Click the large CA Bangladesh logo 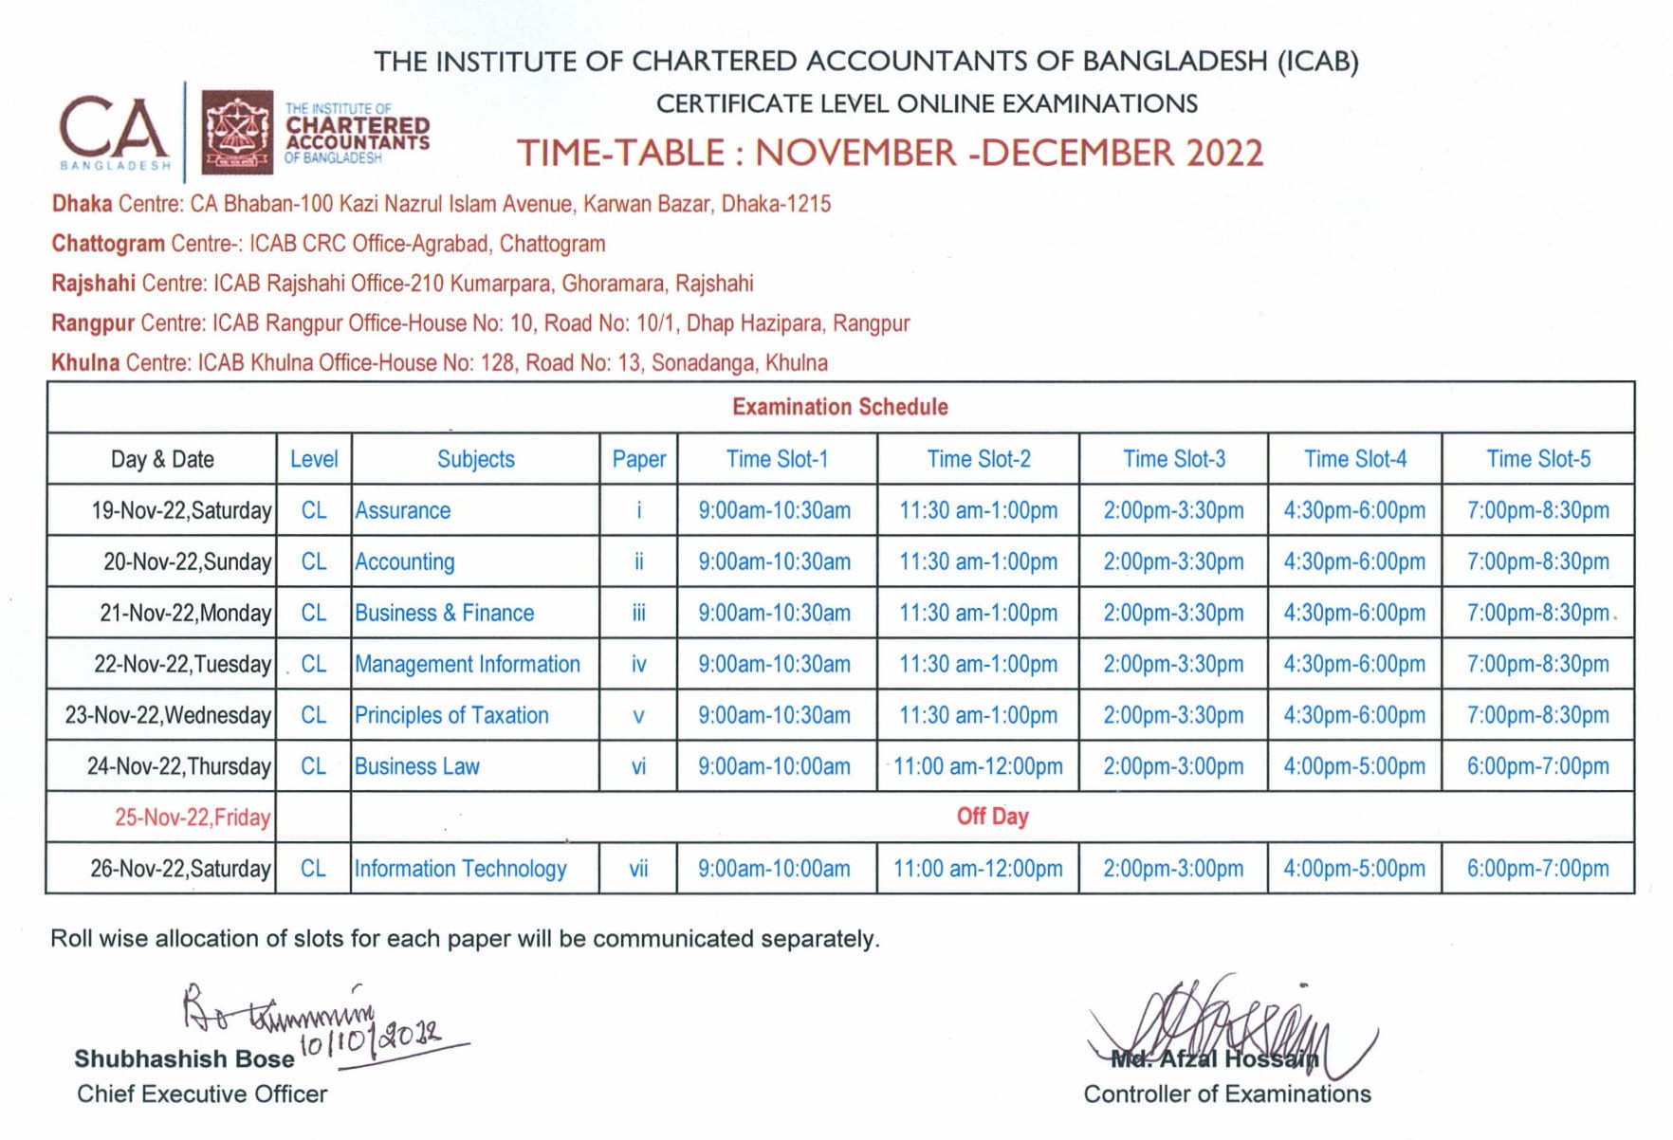pos(115,132)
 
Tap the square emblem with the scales pos(237,132)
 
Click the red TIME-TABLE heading pos(890,153)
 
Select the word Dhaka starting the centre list pos(82,204)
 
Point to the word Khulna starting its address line pos(85,363)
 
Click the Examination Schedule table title pos(839,407)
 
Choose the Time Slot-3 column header pos(1173,459)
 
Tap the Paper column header pos(638,459)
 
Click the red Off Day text pos(992,817)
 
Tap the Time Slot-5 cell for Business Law pos(1537,766)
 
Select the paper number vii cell pos(638,869)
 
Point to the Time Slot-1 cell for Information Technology pos(774,869)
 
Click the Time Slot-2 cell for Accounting pos(978,561)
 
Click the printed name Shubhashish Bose pos(184,1058)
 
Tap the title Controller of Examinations pos(1226,1094)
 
